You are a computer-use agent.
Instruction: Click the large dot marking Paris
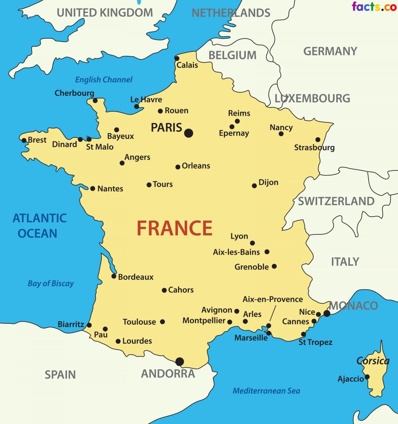click(x=188, y=133)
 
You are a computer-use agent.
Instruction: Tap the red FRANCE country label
click(x=174, y=228)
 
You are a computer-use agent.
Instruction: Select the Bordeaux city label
click(x=136, y=277)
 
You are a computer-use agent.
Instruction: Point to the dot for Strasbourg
click(x=318, y=140)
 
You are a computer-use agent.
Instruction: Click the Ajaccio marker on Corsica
click(x=367, y=377)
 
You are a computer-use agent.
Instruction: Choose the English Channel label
click(x=103, y=80)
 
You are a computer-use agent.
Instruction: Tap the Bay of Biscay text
click(x=50, y=283)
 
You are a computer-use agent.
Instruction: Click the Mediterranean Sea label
click(x=266, y=391)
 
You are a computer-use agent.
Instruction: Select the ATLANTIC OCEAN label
click(x=39, y=226)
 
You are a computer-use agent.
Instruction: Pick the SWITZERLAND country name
click(x=336, y=201)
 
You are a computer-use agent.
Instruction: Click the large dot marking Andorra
click(x=180, y=361)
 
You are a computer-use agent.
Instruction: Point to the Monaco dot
click(x=327, y=313)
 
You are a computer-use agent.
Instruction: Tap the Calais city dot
click(x=177, y=58)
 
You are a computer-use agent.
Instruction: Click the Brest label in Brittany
click(x=37, y=140)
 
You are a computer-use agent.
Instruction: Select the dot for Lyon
click(x=252, y=243)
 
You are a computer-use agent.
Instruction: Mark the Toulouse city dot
click(x=163, y=321)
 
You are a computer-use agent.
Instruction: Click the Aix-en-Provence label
click(x=273, y=299)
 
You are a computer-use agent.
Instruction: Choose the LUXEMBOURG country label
click(x=312, y=98)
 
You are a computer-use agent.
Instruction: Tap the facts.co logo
click(x=374, y=6)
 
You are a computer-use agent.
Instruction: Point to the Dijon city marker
click(x=254, y=186)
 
